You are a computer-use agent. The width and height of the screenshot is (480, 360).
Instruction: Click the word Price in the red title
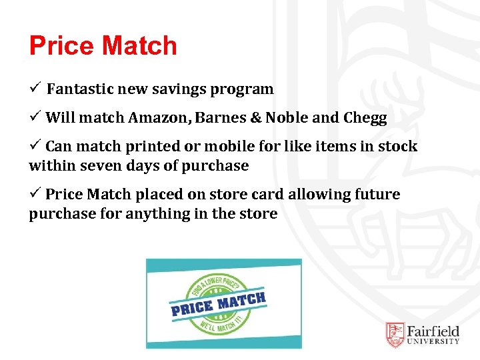[60, 46]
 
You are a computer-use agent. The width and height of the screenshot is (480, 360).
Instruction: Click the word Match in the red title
[139, 46]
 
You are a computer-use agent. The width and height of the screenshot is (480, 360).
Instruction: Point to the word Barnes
[223, 117]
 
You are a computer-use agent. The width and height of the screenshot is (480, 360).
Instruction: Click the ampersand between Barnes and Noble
[257, 118]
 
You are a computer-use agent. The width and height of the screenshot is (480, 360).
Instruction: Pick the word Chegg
[365, 118]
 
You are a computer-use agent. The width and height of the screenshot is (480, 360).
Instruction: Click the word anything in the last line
[176, 213]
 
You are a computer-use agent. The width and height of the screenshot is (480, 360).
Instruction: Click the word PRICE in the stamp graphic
[192, 307]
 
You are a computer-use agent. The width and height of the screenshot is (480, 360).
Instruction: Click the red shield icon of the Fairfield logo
[395, 335]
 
